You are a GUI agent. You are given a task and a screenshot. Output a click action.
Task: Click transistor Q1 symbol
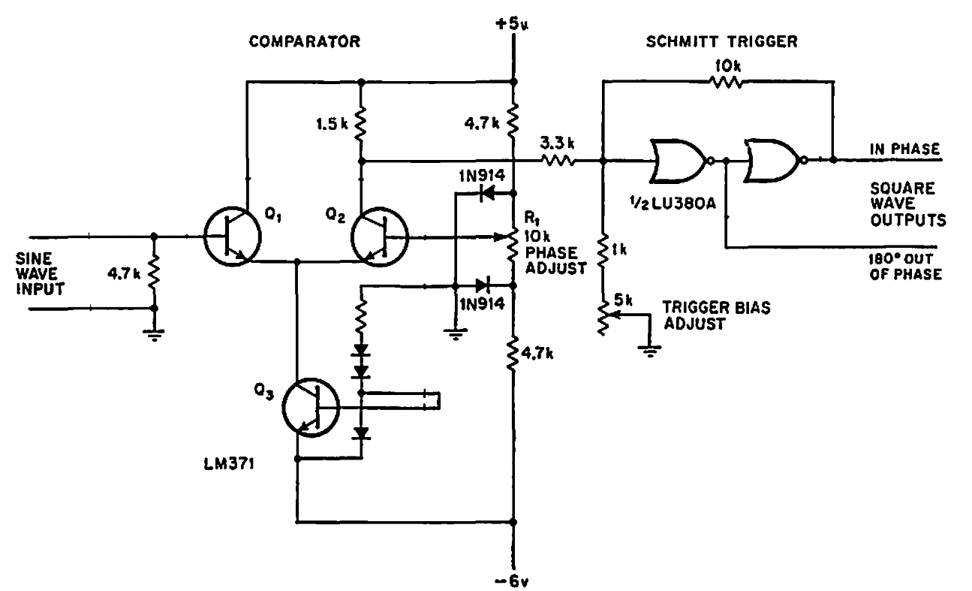pos(232,237)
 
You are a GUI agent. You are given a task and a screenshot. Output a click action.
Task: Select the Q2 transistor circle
pos(380,237)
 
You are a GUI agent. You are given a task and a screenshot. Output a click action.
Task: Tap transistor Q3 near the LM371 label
pos(311,407)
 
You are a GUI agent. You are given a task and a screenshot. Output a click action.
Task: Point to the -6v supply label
pos(513,582)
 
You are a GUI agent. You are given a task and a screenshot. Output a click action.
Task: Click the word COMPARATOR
pos(305,42)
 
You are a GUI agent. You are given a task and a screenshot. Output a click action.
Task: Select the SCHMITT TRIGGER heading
pos(721,42)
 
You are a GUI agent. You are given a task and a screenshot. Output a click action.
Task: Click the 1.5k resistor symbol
pos(360,123)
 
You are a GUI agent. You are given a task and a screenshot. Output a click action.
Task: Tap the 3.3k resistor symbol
pos(558,161)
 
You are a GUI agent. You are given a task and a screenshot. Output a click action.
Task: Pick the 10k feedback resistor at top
pos(726,82)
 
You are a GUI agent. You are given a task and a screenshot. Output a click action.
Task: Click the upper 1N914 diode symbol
pos(487,193)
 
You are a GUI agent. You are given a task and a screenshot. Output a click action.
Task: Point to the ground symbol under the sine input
pos(154,335)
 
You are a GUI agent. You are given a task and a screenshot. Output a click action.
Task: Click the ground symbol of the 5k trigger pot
pos(649,351)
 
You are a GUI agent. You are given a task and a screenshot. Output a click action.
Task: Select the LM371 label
pos(229,464)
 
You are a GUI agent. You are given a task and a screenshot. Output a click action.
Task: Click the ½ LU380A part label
pos(673,204)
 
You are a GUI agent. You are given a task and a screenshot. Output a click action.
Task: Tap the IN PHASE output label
pos(905,149)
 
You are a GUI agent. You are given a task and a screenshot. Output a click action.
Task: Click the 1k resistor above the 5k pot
pos(602,251)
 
